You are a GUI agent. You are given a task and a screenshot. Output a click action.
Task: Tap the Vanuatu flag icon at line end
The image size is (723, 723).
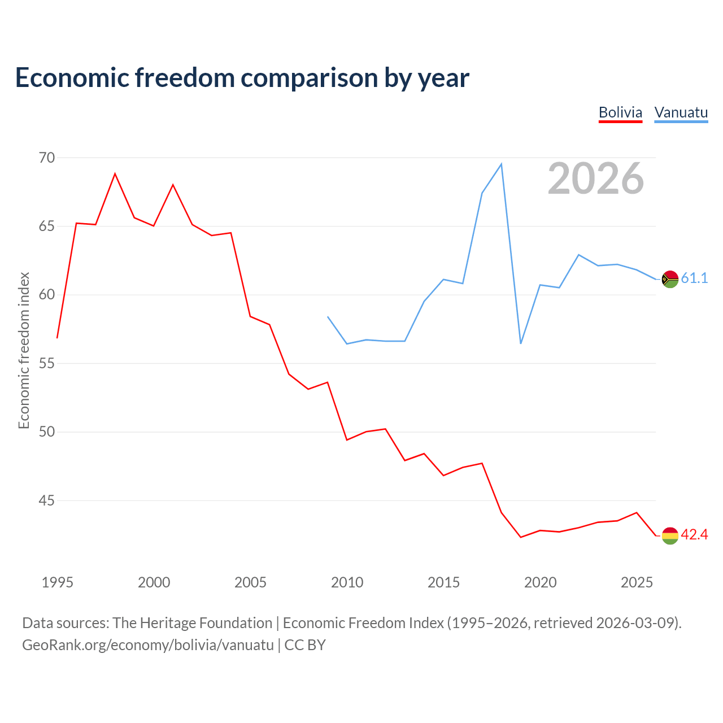pyautogui.click(x=670, y=279)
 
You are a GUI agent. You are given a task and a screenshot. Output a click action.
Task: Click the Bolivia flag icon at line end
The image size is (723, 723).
pyautogui.click(x=670, y=535)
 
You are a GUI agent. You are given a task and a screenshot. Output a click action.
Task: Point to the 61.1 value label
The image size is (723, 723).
pyautogui.click(x=694, y=278)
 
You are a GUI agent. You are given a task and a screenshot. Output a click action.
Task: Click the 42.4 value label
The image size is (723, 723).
pyautogui.click(x=694, y=534)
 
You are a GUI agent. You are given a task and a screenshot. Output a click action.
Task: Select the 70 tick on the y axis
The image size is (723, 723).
pyautogui.click(x=47, y=158)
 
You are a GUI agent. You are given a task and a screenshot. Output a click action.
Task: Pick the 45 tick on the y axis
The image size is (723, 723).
pyautogui.click(x=47, y=500)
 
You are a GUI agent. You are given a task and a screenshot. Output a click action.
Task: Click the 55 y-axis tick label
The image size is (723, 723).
pyautogui.click(x=47, y=363)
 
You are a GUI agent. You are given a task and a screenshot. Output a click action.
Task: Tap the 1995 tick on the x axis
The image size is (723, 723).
pyautogui.click(x=58, y=582)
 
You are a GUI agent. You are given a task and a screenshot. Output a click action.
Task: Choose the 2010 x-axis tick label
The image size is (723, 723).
pyautogui.click(x=347, y=582)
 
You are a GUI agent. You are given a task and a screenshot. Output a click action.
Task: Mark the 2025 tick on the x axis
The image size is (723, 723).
pyautogui.click(x=637, y=582)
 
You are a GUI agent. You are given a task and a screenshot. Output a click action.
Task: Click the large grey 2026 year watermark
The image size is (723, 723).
pyautogui.click(x=596, y=178)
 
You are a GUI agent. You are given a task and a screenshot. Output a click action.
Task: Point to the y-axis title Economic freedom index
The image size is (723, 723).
pyautogui.click(x=24, y=350)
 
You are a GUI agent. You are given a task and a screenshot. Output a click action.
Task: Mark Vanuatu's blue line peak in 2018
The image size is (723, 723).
pyautogui.click(x=501, y=164)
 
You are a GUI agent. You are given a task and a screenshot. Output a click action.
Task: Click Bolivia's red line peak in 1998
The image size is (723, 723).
pyautogui.click(x=115, y=174)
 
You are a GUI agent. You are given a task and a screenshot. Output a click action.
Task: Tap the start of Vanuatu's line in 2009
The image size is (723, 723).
pyautogui.click(x=328, y=317)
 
